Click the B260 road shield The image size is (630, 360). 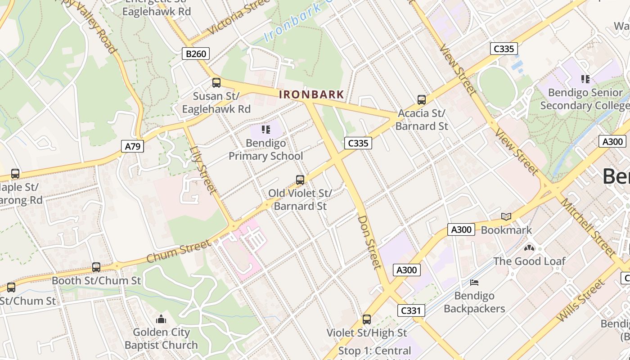[x=196, y=54]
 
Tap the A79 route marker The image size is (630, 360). [x=132, y=146]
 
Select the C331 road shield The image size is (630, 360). [x=410, y=310]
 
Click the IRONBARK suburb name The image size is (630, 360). [x=311, y=95]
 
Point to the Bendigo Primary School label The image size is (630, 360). [x=266, y=150]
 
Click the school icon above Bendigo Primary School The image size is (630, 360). [x=266, y=130]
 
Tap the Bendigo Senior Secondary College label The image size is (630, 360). [x=585, y=99]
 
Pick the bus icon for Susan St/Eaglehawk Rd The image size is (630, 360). [x=216, y=82]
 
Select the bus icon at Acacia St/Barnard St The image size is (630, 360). [x=421, y=99]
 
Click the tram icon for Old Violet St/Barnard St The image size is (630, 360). [x=300, y=180]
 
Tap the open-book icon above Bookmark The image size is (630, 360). [x=506, y=216]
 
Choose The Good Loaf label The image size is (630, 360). [x=529, y=261]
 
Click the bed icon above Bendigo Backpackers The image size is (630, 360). [x=474, y=283]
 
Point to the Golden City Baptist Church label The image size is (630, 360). [x=161, y=339]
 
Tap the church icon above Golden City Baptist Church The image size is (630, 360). [x=161, y=319]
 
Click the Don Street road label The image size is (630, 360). [x=369, y=242]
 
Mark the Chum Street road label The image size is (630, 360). [x=179, y=252]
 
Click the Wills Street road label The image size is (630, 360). [x=580, y=300]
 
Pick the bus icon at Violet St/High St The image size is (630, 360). [x=367, y=319]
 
